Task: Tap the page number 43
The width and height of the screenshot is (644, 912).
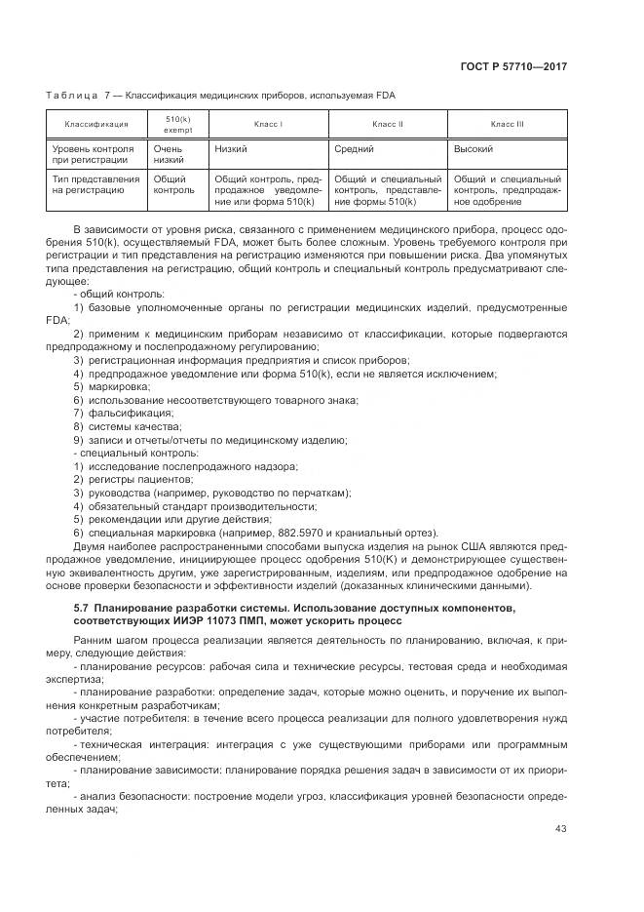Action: (560, 828)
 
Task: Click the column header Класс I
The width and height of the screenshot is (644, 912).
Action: (268, 125)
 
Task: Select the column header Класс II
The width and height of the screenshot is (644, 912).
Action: (388, 125)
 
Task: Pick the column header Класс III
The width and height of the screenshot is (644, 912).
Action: (507, 125)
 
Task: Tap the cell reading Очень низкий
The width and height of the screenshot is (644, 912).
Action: (170, 154)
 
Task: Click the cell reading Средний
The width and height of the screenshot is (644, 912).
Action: (355, 149)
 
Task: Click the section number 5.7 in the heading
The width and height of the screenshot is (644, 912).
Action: (82, 609)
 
